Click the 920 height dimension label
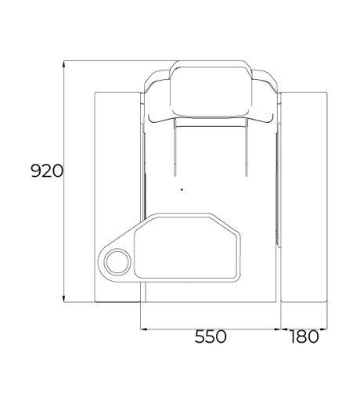47,171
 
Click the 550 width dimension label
211,336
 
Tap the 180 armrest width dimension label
304,336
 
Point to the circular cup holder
117,262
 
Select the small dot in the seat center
182,189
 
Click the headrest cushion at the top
211,92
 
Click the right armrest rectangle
304,197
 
